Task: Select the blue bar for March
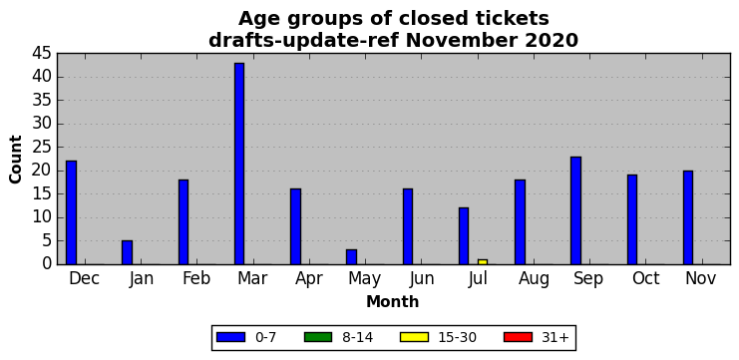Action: point(239,164)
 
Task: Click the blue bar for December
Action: point(71,212)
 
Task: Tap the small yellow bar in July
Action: point(483,262)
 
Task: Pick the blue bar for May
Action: point(352,257)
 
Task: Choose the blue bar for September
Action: point(575,210)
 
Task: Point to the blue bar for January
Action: point(128,252)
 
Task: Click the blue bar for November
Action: point(688,217)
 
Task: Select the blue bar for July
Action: point(464,236)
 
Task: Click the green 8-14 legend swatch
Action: point(318,337)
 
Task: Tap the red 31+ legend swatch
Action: point(518,337)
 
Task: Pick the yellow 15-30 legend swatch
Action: point(414,337)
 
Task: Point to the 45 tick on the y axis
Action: point(42,54)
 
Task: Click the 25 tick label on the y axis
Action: point(42,148)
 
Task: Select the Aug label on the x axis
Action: point(534,279)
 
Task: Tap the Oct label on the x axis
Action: point(646,278)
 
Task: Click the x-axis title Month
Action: point(393,301)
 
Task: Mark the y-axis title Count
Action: point(16,160)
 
